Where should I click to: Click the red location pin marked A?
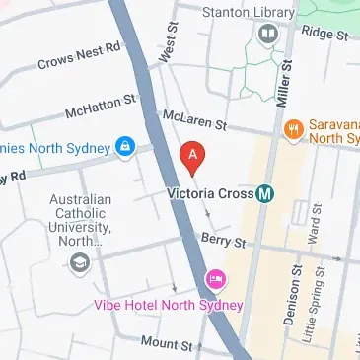tap(193, 155)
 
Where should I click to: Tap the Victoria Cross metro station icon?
tap(265, 193)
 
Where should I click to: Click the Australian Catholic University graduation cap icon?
tap(78, 262)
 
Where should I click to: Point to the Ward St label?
tap(314, 234)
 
